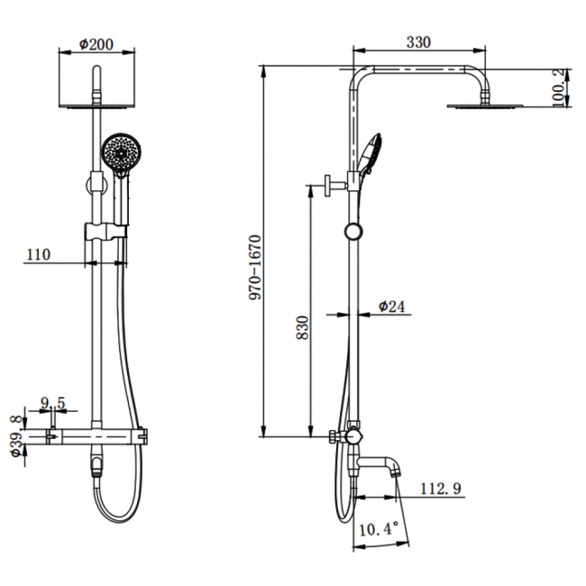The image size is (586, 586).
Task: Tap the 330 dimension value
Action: point(417,41)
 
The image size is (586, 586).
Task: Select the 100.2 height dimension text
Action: point(560,87)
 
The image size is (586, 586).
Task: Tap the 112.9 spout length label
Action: point(441,490)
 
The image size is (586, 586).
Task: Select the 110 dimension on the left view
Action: point(37,255)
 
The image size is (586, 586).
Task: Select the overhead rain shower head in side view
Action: point(485,106)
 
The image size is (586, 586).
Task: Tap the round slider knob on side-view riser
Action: point(352,230)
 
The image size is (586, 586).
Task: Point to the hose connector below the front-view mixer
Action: point(96,466)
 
